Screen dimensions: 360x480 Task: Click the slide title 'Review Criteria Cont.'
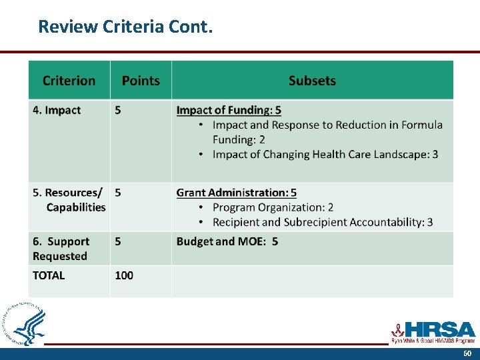tap(125, 27)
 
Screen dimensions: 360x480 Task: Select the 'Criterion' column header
tap(69, 81)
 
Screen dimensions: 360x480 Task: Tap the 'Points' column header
tap(141, 81)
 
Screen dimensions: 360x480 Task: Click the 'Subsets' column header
tap(312, 81)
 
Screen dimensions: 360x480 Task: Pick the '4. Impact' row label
tap(57, 111)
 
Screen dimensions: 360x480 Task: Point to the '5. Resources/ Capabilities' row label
tap(69, 200)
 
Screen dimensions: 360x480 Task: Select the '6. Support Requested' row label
tap(61, 249)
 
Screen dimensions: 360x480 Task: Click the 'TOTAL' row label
tap(49, 275)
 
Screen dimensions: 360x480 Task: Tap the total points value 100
tap(124, 275)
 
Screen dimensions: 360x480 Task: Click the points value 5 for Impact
tap(118, 111)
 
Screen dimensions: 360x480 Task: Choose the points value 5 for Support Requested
tap(118, 241)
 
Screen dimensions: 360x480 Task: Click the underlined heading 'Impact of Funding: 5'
tap(229, 111)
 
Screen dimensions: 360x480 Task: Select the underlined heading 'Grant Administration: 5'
tap(236, 193)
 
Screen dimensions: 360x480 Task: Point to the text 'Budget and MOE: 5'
tap(227, 241)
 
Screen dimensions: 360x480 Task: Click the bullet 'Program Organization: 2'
tap(273, 207)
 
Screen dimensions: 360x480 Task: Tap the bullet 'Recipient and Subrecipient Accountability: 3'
tap(322, 222)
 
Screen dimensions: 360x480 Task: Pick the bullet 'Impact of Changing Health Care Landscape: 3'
tap(325, 155)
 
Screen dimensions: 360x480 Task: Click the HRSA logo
tap(433, 331)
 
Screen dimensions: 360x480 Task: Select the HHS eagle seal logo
tap(25, 325)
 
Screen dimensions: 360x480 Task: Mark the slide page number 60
tap(467, 354)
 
